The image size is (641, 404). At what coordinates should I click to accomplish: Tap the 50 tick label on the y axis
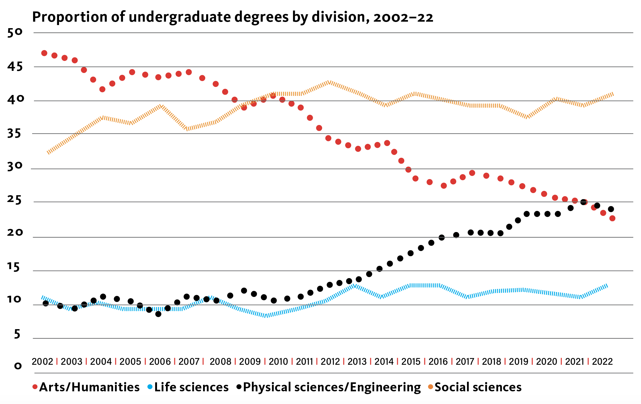click(x=15, y=32)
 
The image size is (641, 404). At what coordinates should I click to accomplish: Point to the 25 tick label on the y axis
click(x=15, y=200)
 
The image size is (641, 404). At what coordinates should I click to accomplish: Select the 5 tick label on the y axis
click(x=17, y=334)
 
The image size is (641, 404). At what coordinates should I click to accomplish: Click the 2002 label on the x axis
click(x=42, y=361)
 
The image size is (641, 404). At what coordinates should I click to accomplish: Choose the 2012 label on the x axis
click(x=330, y=361)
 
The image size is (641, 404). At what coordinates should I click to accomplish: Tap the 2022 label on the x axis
click(x=602, y=361)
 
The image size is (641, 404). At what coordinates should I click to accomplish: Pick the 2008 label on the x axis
click(x=220, y=361)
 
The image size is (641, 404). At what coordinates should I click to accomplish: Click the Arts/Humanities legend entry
click(x=86, y=387)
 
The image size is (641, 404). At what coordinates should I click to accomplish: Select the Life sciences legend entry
click(x=188, y=387)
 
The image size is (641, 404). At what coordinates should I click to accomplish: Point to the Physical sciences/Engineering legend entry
click(x=329, y=387)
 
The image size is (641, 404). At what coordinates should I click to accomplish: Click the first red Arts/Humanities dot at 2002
click(x=44, y=53)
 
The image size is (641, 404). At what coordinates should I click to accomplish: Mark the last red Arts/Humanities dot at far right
click(x=612, y=218)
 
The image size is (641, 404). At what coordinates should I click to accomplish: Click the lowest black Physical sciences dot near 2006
click(x=158, y=314)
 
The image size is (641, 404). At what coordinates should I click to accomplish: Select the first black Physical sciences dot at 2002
click(x=46, y=303)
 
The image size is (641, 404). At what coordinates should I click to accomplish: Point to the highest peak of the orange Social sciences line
click(x=329, y=82)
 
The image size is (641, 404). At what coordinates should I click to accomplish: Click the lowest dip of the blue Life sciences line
click(x=266, y=316)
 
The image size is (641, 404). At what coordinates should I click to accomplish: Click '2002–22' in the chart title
click(x=403, y=17)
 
